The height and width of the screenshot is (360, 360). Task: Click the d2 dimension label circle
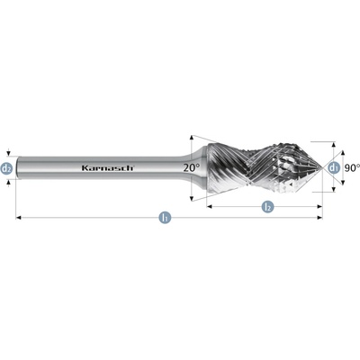pyautogui.click(x=6, y=168)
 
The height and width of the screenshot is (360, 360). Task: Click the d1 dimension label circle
pyautogui.click(x=333, y=168)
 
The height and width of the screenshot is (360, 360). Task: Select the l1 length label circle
pyautogui.click(x=165, y=218)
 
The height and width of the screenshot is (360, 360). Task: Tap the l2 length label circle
pyautogui.click(x=267, y=206)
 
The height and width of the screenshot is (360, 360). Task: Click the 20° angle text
pyautogui.click(x=192, y=167)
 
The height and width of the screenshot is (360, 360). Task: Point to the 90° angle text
pyautogui.click(x=352, y=168)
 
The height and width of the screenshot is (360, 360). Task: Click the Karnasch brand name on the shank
pyautogui.click(x=108, y=168)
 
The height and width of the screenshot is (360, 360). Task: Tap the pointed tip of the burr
pyautogui.click(x=321, y=168)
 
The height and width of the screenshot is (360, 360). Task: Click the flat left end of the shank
pyautogui.click(x=18, y=168)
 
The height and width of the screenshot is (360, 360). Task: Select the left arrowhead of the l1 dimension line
pyautogui.click(x=18, y=218)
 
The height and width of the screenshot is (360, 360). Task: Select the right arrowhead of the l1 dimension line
pyautogui.click(x=319, y=218)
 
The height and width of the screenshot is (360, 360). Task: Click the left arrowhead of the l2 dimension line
pyautogui.click(x=210, y=206)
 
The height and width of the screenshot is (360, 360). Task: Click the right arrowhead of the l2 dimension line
pyautogui.click(x=319, y=206)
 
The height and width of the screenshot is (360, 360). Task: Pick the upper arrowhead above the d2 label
pyautogui.click(x=9, y=153)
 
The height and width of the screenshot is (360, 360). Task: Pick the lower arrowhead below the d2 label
pyautogui.click(x=9, y=183)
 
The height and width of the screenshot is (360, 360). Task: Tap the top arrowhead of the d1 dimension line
pyautogui.click(x=333, y=144)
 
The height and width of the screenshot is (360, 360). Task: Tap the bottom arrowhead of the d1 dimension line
pyautogui.click(x=333, y=189)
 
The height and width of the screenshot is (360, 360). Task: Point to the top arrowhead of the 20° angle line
pyautogui.click(x=192, y=138)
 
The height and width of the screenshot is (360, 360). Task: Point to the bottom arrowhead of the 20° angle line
pyautogui.click(x=192, y=198)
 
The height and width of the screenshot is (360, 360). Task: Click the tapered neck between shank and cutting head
pyautogui.click(x=195, y=168)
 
